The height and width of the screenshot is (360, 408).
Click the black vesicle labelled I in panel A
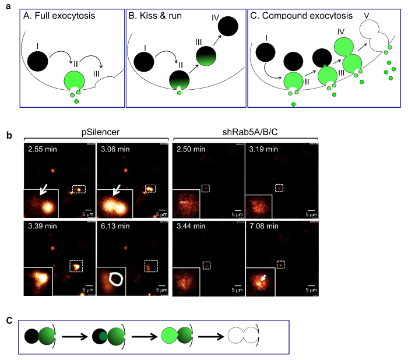[37, 61]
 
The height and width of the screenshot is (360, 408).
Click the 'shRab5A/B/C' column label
[246, 132]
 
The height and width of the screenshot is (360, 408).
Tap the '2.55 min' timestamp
[44, 150]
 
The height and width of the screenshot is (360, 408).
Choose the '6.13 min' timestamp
[117, 223]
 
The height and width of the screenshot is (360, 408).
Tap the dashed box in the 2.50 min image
[205, 188]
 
